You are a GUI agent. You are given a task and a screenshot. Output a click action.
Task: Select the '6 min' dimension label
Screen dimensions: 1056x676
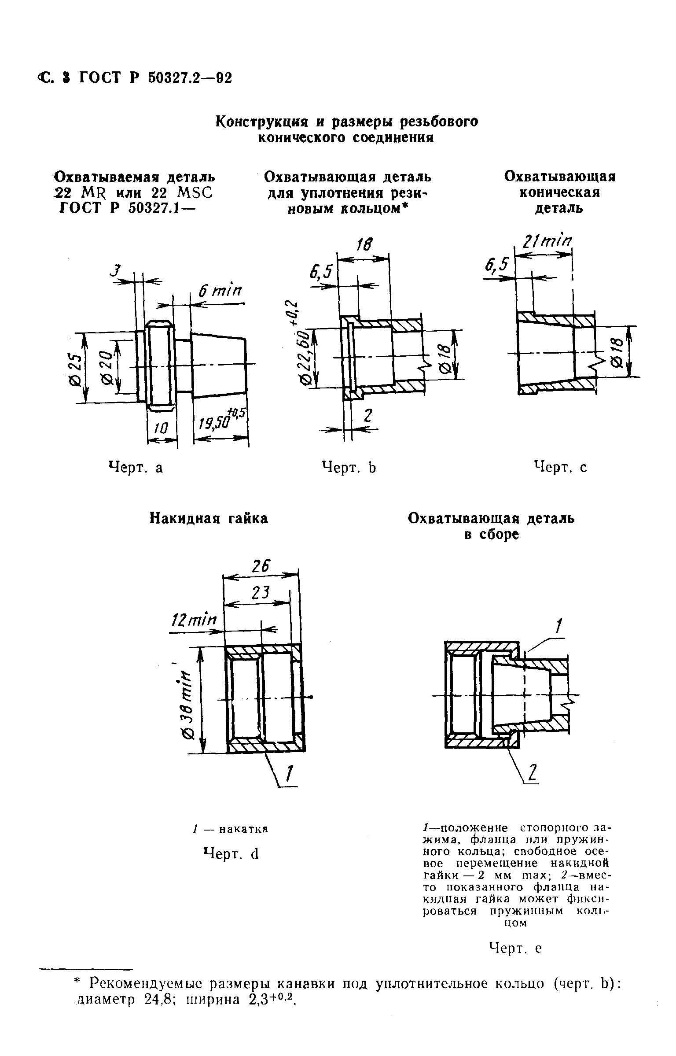tap(220, 291)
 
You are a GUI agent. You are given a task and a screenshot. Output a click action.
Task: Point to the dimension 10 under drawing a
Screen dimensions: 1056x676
tap(162, 428)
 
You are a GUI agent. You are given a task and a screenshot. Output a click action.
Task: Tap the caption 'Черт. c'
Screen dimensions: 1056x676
tap(560, 467)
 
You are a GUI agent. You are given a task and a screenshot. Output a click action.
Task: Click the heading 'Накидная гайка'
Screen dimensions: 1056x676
tap(209, 518)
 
